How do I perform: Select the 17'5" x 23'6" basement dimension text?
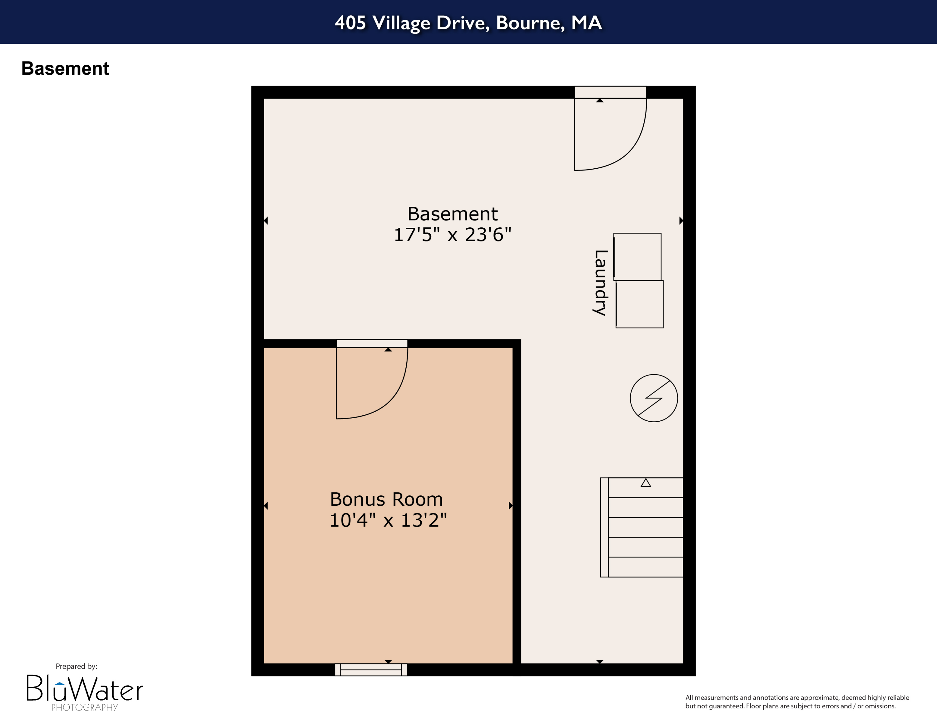453,235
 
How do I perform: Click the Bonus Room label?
386,499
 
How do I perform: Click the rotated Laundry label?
600,283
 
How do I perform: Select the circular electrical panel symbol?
653,398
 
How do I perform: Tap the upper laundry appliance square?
637,256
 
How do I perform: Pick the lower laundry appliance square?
640,304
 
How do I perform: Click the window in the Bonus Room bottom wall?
371,670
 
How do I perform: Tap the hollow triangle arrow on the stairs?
646,483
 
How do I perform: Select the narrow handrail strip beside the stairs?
604,527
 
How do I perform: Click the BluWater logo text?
85,688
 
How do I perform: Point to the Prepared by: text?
77,666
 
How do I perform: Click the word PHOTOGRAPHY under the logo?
85,707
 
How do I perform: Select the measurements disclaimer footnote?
797,702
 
